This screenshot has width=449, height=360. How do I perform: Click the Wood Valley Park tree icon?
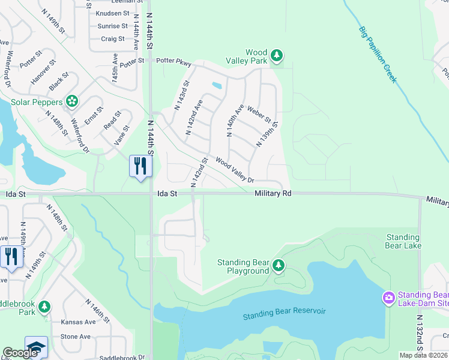pyautogui.click(x=276, y=56)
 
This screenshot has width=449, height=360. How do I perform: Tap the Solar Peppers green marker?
pyautogui.click(x=72, y=101)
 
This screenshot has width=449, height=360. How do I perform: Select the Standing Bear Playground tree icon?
pyautogui.click(x=278, y=265)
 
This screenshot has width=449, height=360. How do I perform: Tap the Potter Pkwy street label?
pyautogui.click(x=173, y=61)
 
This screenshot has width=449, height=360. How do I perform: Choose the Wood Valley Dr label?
pyautogui.click(x=235, y=170)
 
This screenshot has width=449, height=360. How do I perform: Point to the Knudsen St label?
pyautogui.click(x=112, y=13)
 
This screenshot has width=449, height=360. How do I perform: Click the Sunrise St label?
pyautogui.click(x=112, y=26)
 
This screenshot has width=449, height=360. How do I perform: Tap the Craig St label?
pyautogui.click(x=113, y=39)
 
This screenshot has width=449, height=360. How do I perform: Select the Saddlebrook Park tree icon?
pyautogui.click(x=44, y=307)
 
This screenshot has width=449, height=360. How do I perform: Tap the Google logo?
pyautogui.click(x=20, y=353)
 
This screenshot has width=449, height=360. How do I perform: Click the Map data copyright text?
pyautogui.click(x=423, y=355)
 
